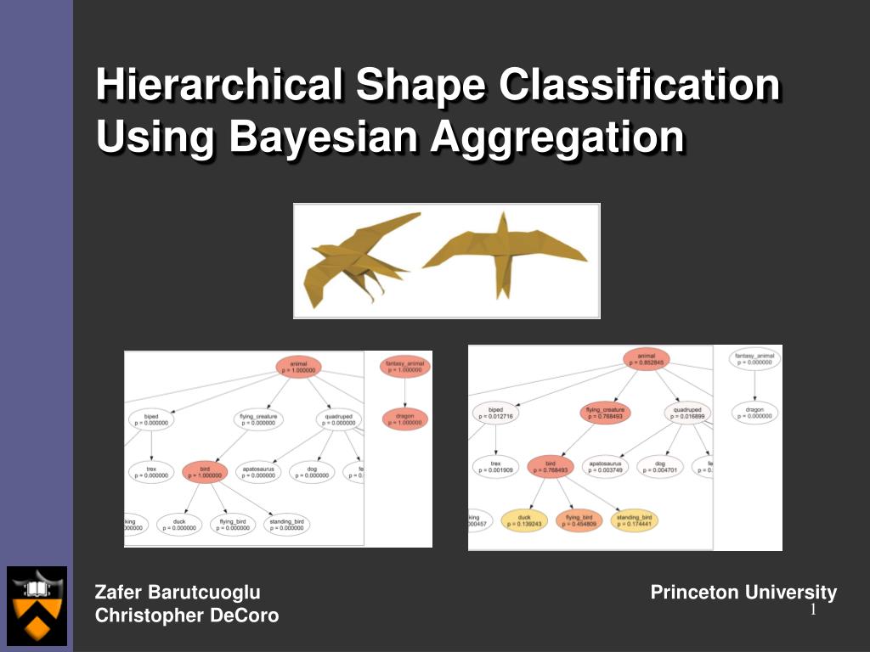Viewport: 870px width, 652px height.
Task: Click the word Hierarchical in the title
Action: pyautogui.click(x=218, y=87)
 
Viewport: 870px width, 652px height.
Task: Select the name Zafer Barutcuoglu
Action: pyautogui.click(x=178, y=593)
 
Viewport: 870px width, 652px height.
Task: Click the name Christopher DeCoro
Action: pyautogui.click(x=187, y=615)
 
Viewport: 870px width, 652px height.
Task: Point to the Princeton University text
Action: pyautogui.click(x=743, y=593)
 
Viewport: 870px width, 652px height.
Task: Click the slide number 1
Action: pyautogui.click(x=813, y=611)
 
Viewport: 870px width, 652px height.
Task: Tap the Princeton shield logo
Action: pyautogui.click(x=37, y=605)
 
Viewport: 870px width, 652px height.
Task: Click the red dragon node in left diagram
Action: pyautogui.click(x=405, y=419)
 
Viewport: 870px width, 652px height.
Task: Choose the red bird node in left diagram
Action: pyautogui.click(x=204, y=472)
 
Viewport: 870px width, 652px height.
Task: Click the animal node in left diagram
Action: pyautogui.click(x=298, y=367)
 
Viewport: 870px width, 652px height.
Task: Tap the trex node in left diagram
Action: pyautogui.click(x=151, y=472)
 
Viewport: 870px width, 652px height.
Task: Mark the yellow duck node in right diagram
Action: pyautogui.click(x=524, y=520)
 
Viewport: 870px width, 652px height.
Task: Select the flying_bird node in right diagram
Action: pyautogui.click(x=578, y=520)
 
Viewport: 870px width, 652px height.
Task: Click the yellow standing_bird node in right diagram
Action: pyautogui.click(x=634, y=520)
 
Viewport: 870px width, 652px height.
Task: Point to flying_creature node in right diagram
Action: pyautogui.click(x=605, y=413)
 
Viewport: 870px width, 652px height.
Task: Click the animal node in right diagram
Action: pyautogui.click(x=646, y=359)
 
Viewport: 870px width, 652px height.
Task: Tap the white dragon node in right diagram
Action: pyautogui.click(x=754, y=413)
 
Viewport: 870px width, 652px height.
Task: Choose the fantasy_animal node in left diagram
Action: pyautogui.click(x=405, y=367)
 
